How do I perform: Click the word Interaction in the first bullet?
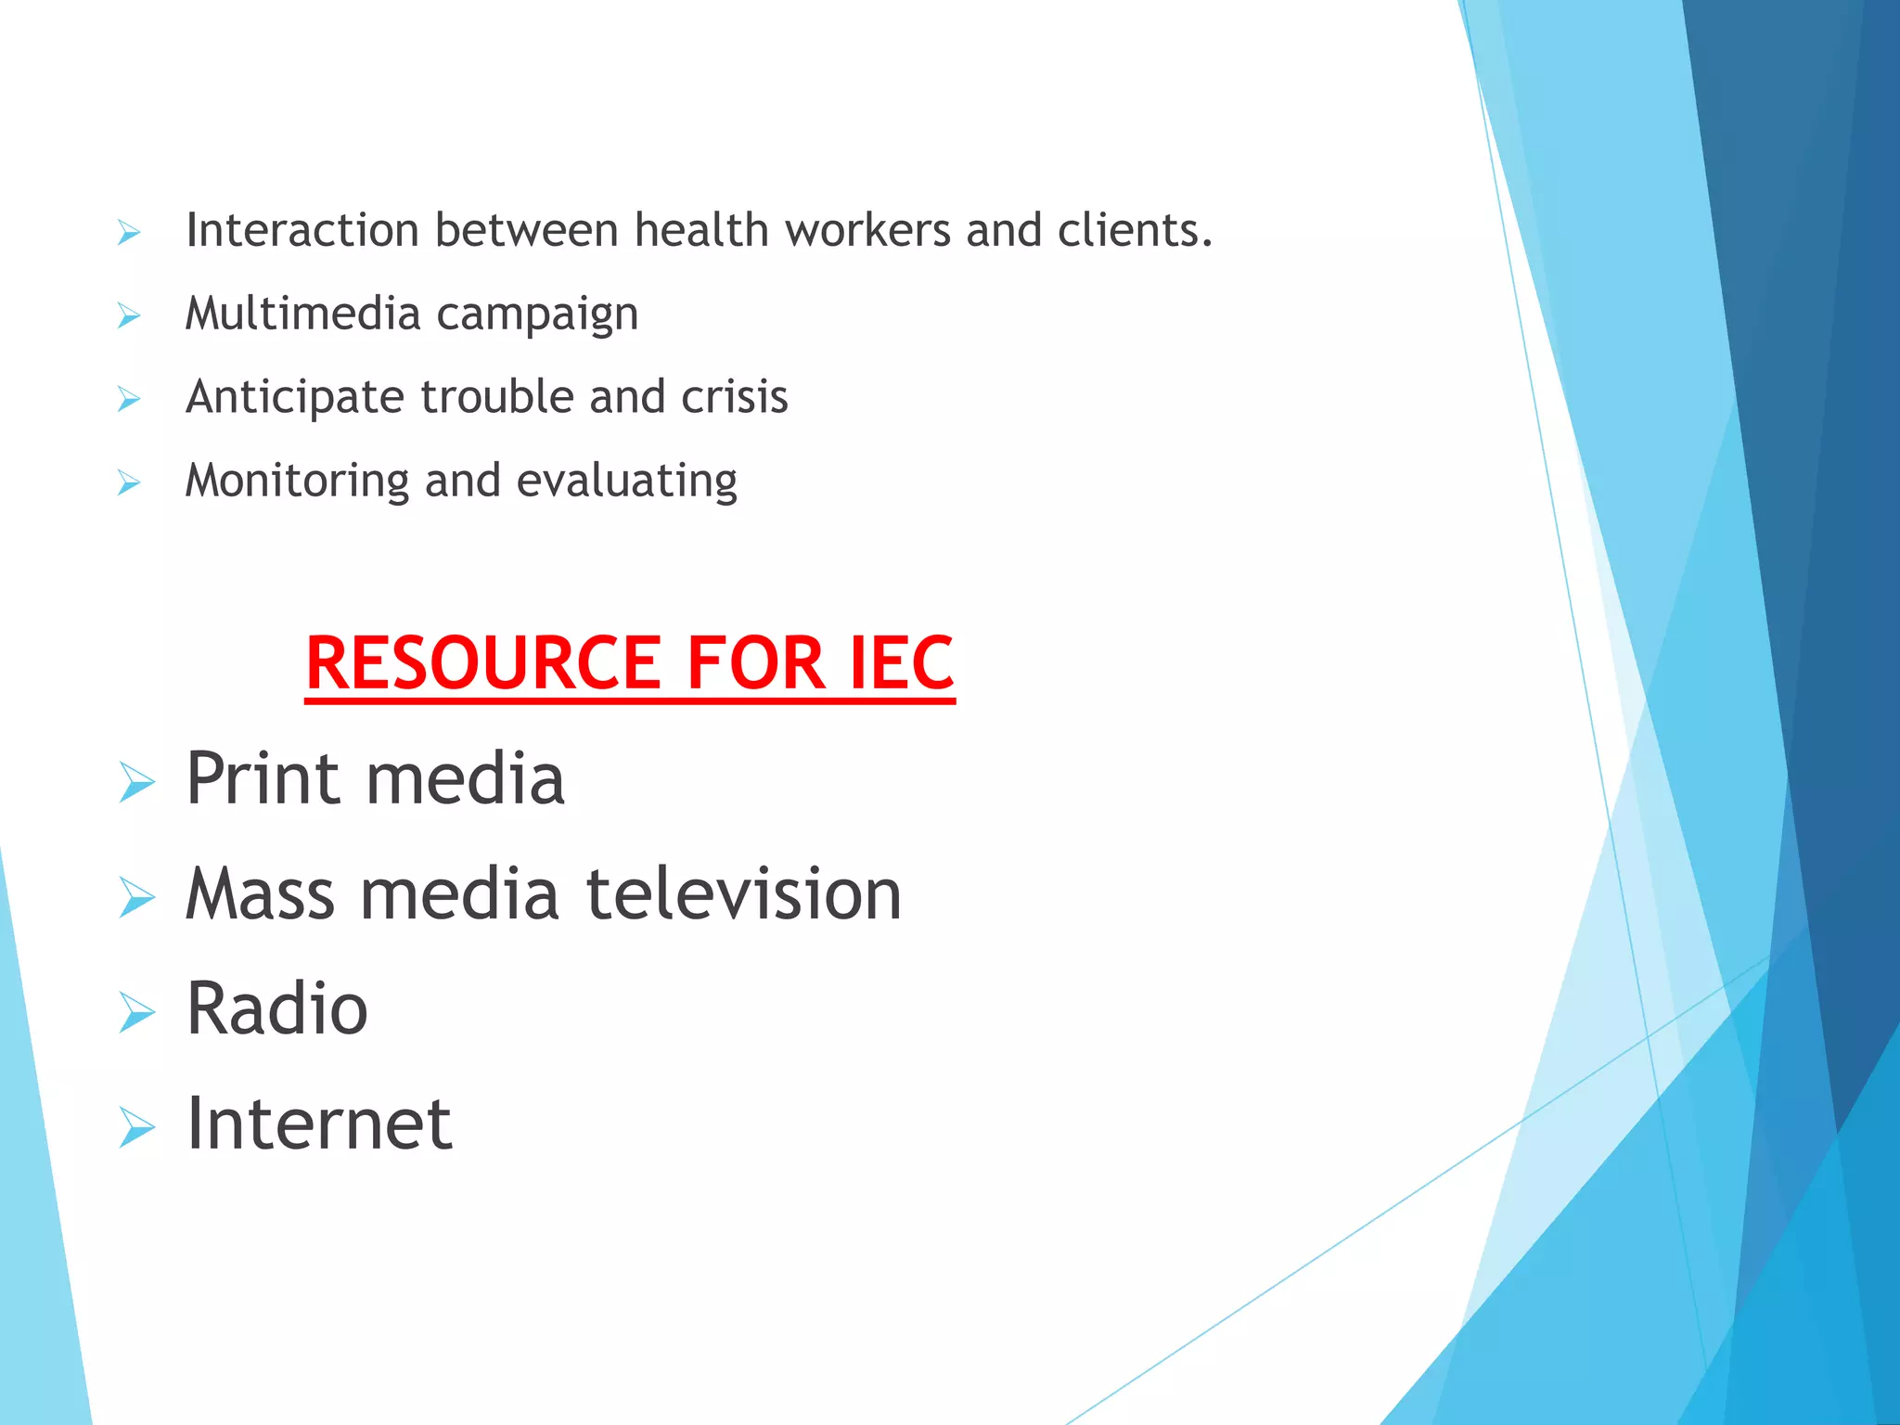(x=302, y=230)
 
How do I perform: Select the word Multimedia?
(x=303, y=314)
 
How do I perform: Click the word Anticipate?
(x=295, y=397)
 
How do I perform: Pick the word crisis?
(x=734, y=397)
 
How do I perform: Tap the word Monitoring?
(x=297, y=481)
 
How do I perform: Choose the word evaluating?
(x=626, y=481)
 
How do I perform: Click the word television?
(x=743, y=894)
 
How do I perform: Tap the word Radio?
(x=276, y=1008)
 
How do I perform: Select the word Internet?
(x=319, y=1123)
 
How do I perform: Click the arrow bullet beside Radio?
(x=136, y=1012)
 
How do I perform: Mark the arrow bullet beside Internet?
(x=136, y=1127)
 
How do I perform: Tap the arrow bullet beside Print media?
(x=136, y=781)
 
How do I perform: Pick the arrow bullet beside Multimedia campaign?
(x=129, y=316)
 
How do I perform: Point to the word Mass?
(x=260, y=894)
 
